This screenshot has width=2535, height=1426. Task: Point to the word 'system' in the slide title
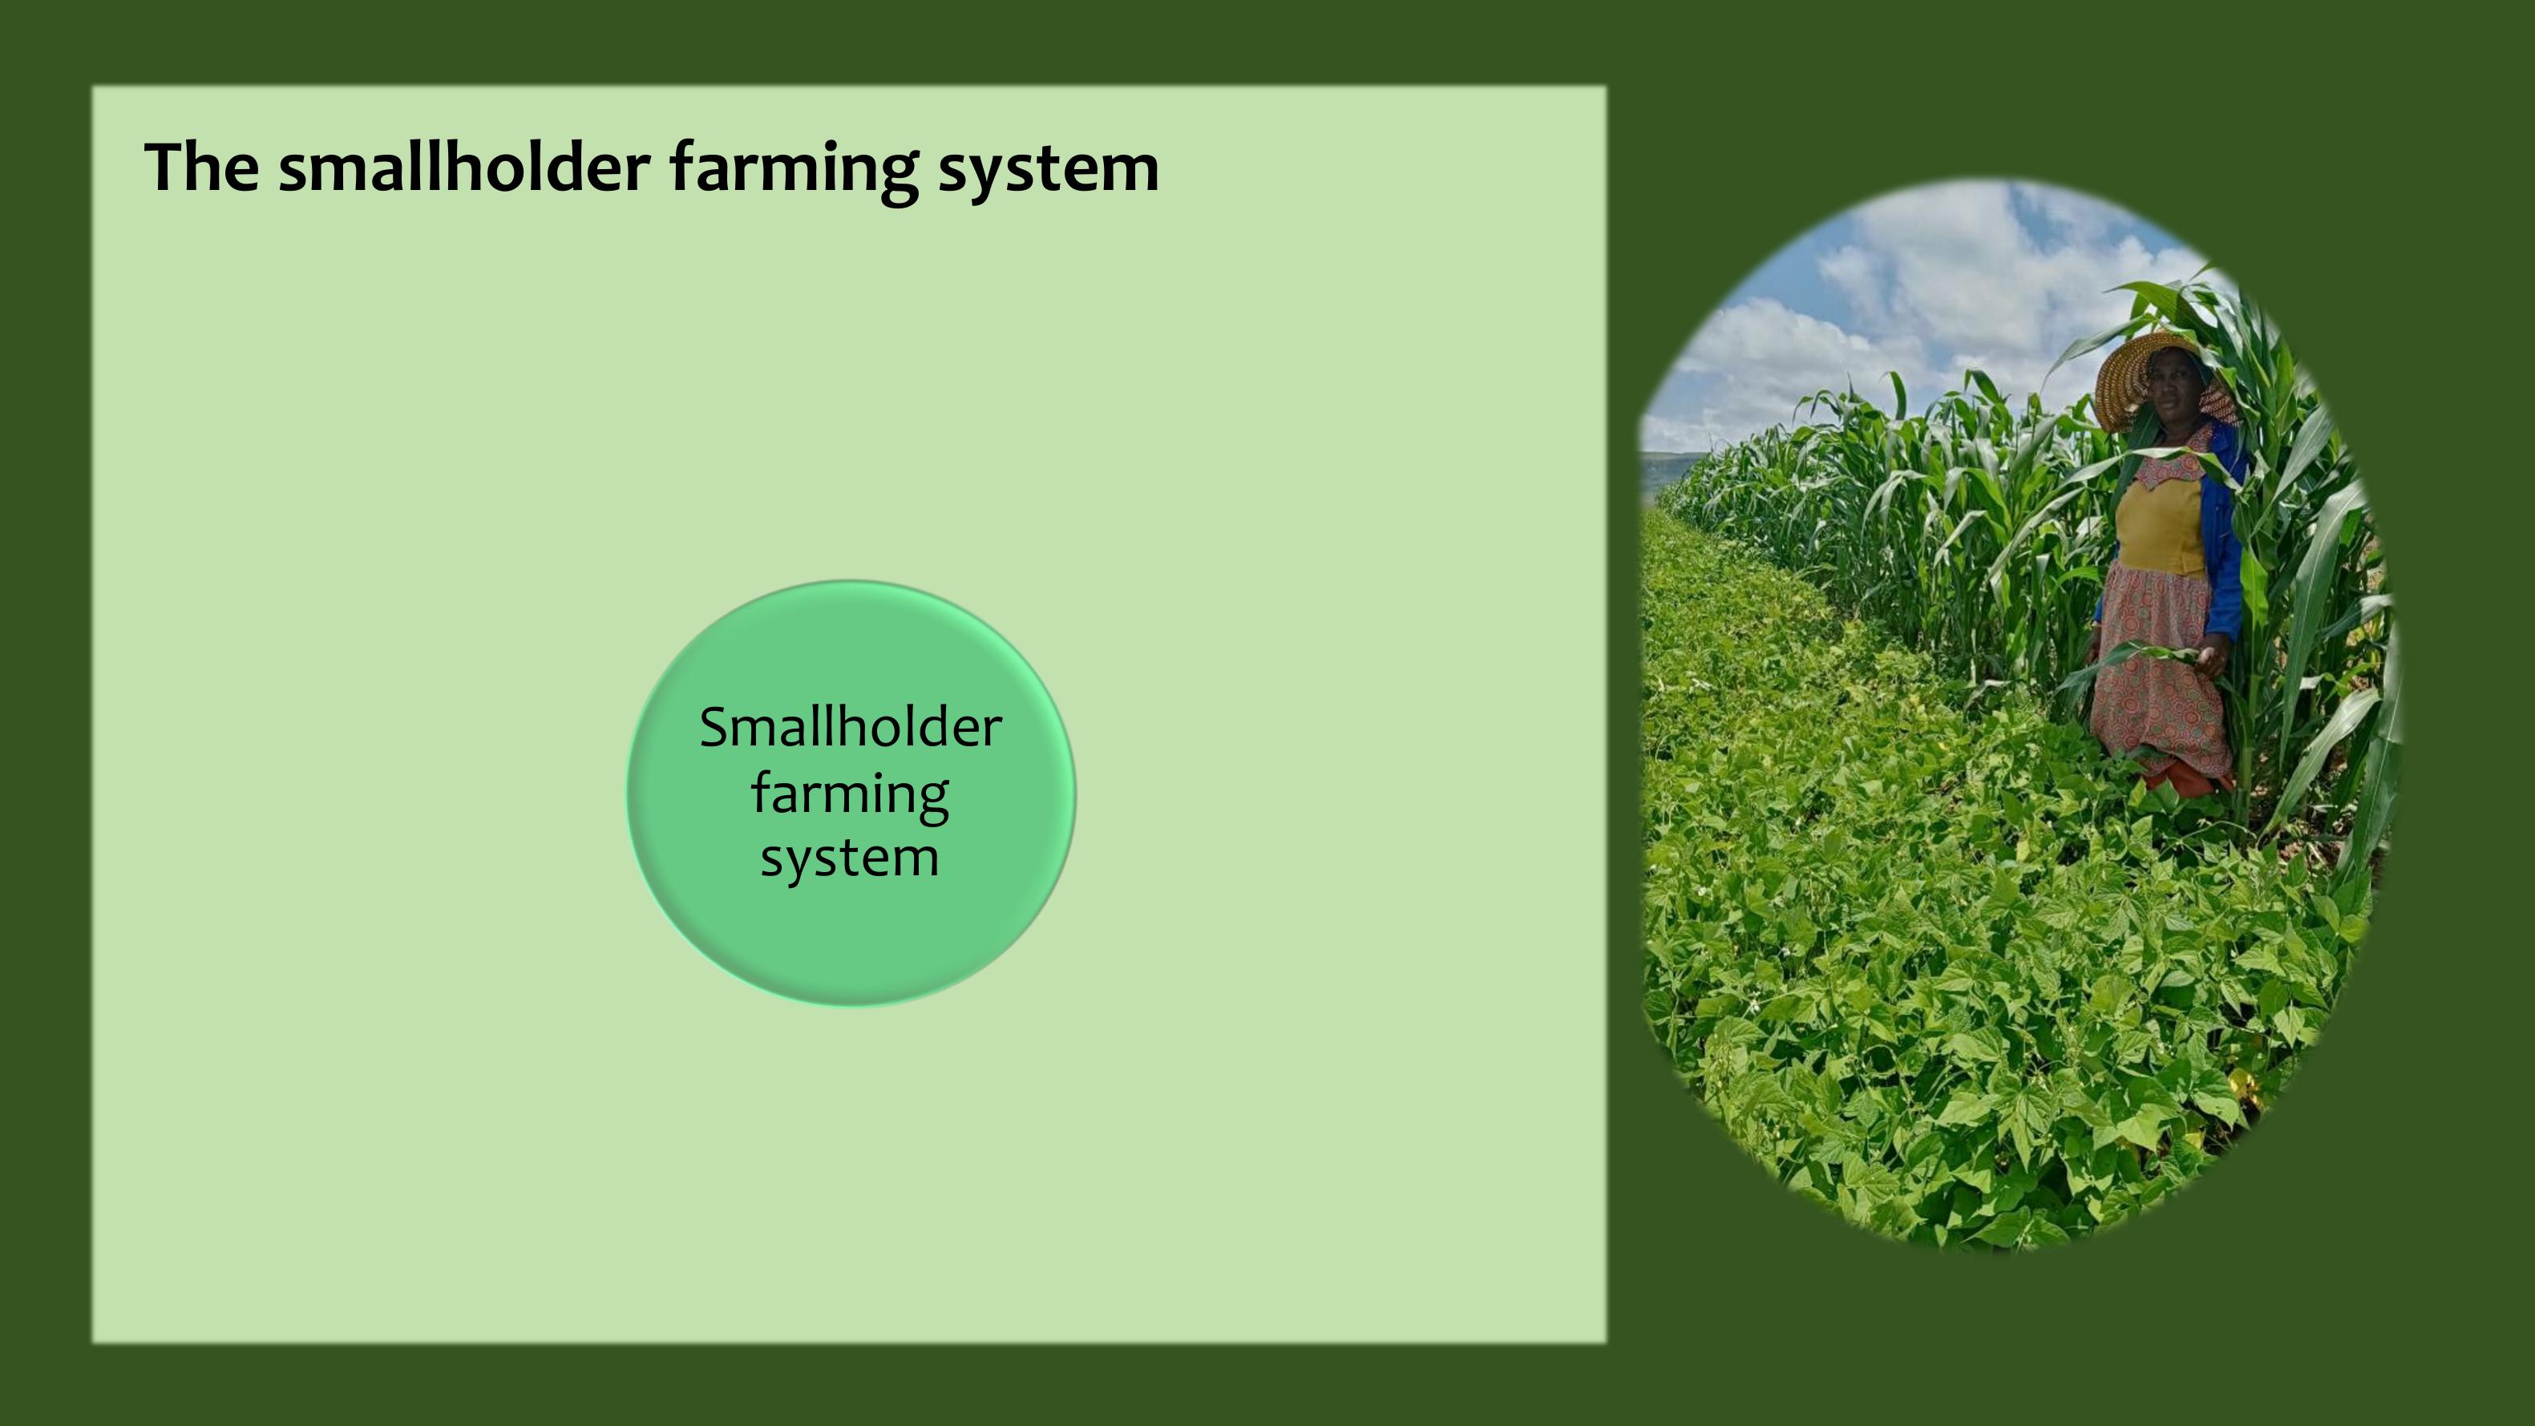(x=1049, y=173)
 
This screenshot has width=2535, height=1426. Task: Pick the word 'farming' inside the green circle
(x=851, y=795)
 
